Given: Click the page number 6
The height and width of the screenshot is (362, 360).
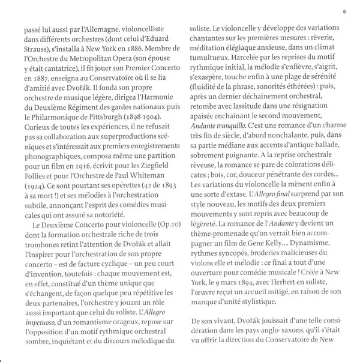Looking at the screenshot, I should click(345, 11).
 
